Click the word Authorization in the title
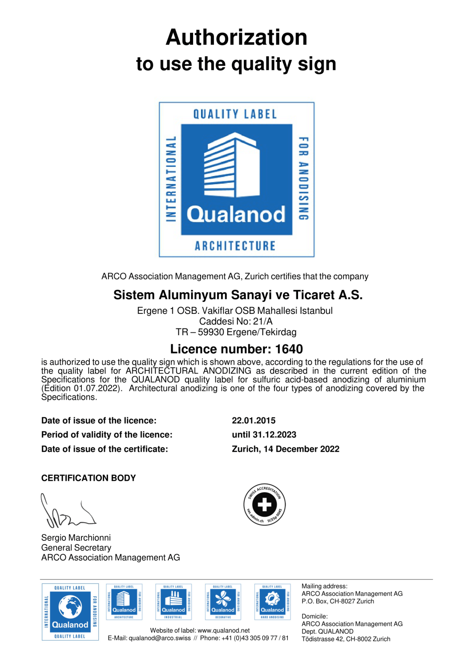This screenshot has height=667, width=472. pyautogui.click(x=236, y=37)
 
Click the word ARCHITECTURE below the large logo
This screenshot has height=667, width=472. pyautogui.click(x=235, y=246)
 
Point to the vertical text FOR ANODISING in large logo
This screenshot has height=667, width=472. pyautogui.click(x=303, y=178)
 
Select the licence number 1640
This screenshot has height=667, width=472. pyautogui.click(x=289, y=349)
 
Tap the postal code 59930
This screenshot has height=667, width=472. pyautogui.click(x=211, y=332)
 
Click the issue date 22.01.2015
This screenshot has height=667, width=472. pyautogui.click(x=254, y=421)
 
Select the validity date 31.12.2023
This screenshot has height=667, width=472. pyautogui.click(x=274, y=435)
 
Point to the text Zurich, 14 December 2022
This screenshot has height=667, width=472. pyautogui.click(x=285, y=449)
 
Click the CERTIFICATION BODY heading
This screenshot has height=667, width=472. pyautogui.click(x=89, y=478)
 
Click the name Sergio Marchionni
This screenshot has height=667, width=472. pyautogui.click(x=76, y=538)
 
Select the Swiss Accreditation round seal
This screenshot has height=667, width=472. pyautogui.click(x=265, y=505)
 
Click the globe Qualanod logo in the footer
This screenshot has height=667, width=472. pyautogui.click(x=70, y=612)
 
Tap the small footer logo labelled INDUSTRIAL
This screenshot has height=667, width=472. pyautogui.click(x=173, y=602)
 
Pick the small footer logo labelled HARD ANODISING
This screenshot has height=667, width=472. pyautogui.click(x=272, y=602)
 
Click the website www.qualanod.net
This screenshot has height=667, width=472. pyautogui.click(x=223, y=631)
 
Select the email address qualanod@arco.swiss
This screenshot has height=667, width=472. pyautogui.click(x=159, y=638)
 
